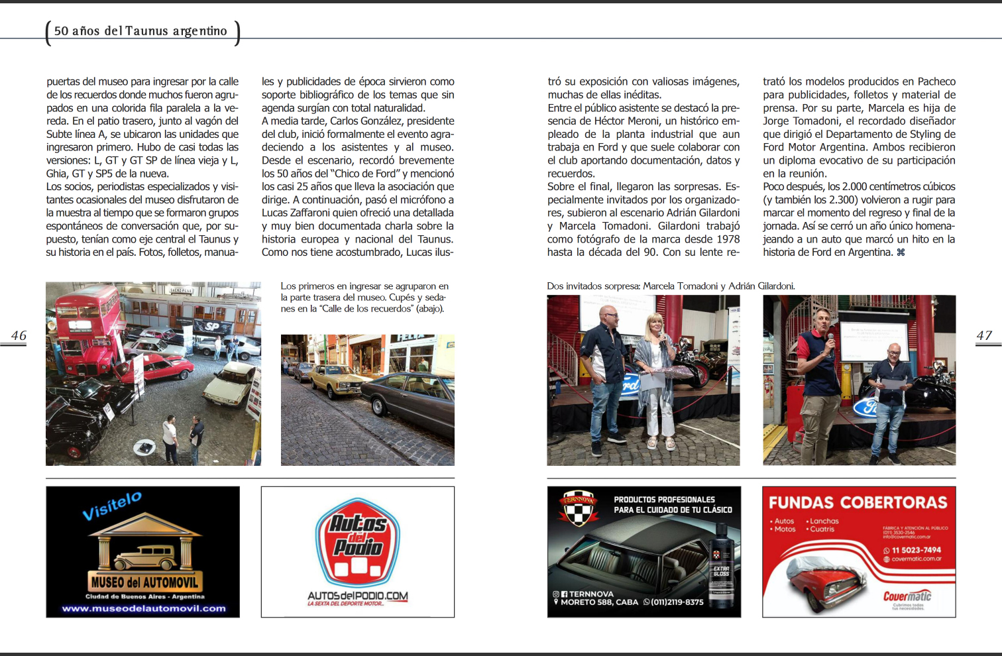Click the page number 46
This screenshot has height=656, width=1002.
(x=19, y=335)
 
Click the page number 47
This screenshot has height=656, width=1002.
(x=984, y=335)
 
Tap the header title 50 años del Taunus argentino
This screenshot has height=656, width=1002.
(x=140, y=31)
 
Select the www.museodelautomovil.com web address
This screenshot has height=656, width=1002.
(x=144, y=608)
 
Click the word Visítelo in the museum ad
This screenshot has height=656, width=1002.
(x=112, y=506)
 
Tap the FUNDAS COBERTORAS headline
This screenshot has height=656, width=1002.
(x=858, y=502)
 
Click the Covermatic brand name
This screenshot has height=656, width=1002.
(x=907, y=596)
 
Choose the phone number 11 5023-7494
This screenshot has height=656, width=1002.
(x=916, y=550)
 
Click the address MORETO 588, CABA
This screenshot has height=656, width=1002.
(x=599, y=602)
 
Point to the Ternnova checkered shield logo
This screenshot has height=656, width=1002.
(x=577, y=508)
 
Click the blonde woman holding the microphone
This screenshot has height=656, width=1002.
(x=656, y=371)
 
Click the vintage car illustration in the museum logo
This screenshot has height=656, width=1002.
(x=144, y=558)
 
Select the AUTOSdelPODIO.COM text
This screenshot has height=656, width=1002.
(x=358, y=596)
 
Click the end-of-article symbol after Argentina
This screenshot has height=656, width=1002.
(x=901, y=252)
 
